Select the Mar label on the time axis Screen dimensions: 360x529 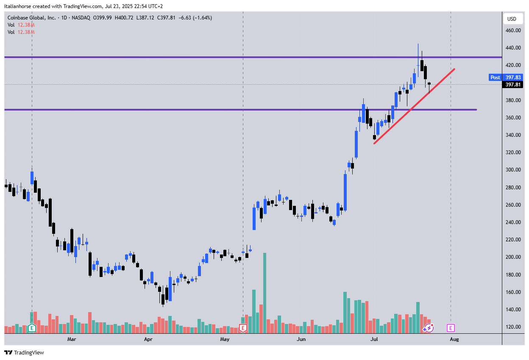coord(72,339)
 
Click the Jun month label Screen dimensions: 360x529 coord(301,339)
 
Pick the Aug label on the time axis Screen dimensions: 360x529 coord(454,339)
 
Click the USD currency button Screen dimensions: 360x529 coord(512,19)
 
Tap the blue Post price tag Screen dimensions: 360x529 coord(495,78)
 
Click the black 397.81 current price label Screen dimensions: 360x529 coord(513,85)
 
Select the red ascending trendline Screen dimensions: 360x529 coord(413,106)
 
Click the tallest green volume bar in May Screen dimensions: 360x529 coord(265,292)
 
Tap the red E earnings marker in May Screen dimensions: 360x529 coord(243,328)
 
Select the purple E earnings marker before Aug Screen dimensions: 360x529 coord(451,328)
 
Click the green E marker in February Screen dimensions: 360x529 coord(32,328)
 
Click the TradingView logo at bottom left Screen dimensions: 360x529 coord(24,352)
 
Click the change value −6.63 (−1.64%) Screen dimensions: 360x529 coord(196,18)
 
